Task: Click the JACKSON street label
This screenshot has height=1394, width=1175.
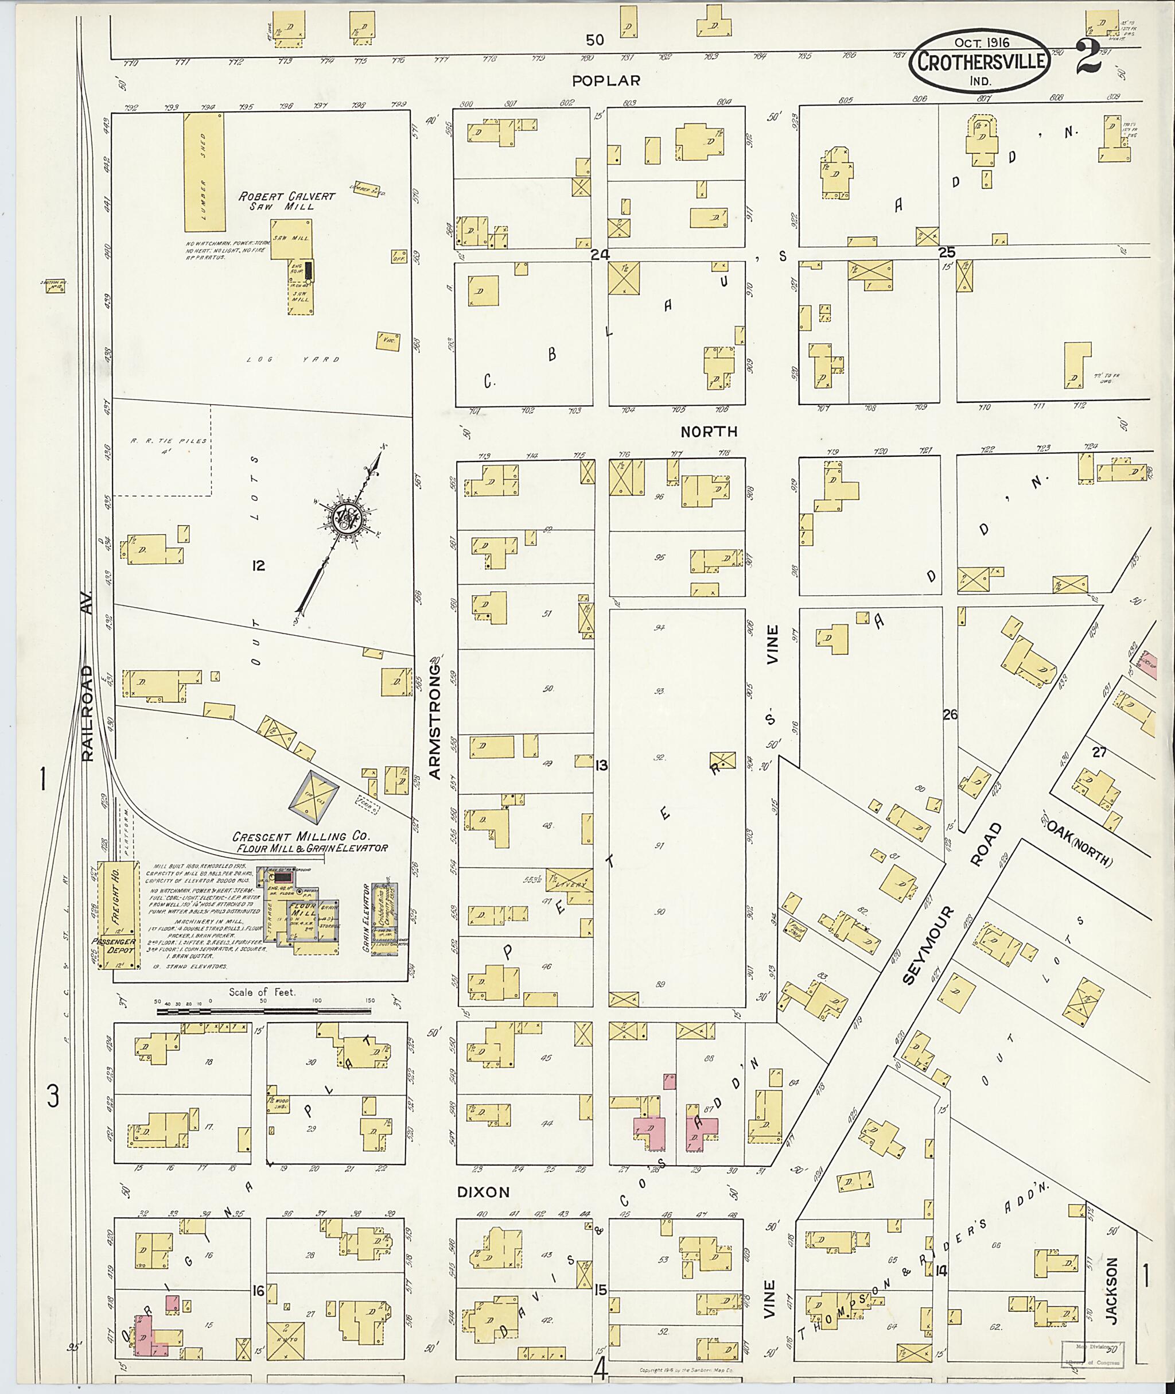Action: [x=1110, y=1289]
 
